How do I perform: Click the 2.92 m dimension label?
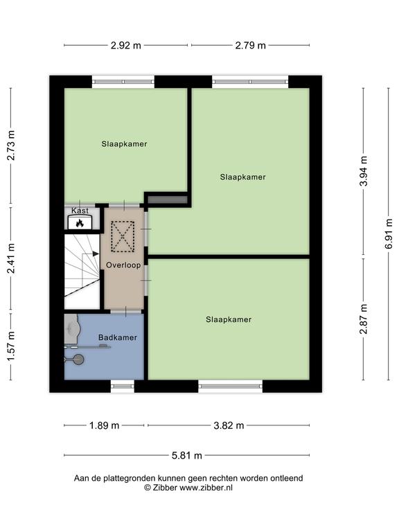click(125, 45)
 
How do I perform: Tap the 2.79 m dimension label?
click(250, 45)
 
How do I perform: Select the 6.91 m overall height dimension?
click(389, 233)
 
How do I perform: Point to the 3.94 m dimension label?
click(364, 171)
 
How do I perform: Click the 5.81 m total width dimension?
click(186, 455)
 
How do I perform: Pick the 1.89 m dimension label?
click(104, 425)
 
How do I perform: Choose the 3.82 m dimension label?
click(229, 425)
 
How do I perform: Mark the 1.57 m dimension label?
click(11, 346)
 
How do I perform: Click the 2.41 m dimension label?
click(11, 258)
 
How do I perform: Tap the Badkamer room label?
click(117, 337)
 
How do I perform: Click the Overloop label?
click(123, 265)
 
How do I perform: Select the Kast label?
click(80, 211)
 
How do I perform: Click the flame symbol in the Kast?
click(80, 223)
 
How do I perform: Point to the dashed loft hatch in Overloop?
click(123, 236)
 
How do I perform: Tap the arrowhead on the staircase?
click(96, 254)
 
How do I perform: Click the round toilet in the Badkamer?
click(78, 360)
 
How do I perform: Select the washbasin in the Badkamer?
click(72, 328)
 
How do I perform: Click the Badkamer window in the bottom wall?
click(123, 386)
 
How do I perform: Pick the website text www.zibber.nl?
click(206, 488)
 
